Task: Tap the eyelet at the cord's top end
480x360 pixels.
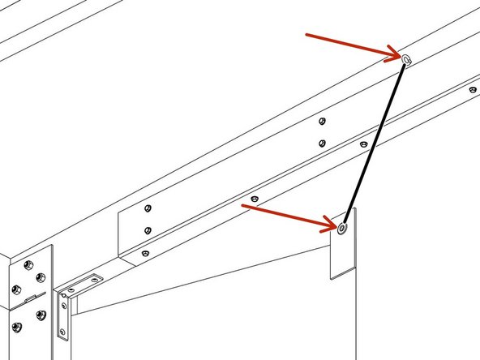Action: coord(406,58)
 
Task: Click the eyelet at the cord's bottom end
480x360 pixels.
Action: coord(342,228)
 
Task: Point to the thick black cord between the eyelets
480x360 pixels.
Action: coord(375,142)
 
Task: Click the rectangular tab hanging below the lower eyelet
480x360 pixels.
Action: coord(344,251)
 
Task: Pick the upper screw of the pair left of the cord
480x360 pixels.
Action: coord(322,122)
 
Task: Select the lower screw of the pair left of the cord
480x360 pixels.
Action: coord(322,143)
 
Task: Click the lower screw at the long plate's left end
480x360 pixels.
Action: coord(147,230)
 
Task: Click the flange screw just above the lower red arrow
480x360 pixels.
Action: coord(255,198)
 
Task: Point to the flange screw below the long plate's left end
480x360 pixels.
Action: coord(144,254)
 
